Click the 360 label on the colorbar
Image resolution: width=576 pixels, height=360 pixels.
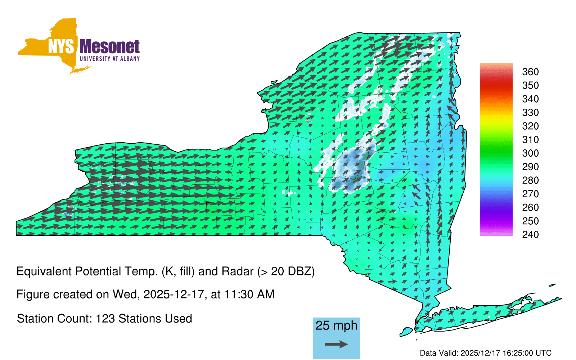[x=530, y=72]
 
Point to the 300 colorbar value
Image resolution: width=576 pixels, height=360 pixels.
[x=530, y=153]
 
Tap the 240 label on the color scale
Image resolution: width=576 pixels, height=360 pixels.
[x=530, y=234]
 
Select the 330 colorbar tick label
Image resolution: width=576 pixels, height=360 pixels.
[x=530, y=112]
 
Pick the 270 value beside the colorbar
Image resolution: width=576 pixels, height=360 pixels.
[x=530, y=194]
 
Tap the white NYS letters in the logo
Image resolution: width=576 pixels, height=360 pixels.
[x=61, y=46]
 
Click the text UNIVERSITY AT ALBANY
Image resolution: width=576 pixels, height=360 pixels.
[x=109, y=59]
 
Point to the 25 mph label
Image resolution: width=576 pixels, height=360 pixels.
[x=336, y=325]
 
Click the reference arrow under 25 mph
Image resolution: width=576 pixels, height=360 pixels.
[x=336, y=344]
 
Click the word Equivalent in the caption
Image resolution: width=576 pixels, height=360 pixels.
[x=44, y=271]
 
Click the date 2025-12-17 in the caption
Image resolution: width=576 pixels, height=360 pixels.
[x=174, y=294]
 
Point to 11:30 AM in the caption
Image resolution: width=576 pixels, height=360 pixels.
[x=249, y=294]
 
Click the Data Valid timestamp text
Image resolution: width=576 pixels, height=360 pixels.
[x=486, y=353]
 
